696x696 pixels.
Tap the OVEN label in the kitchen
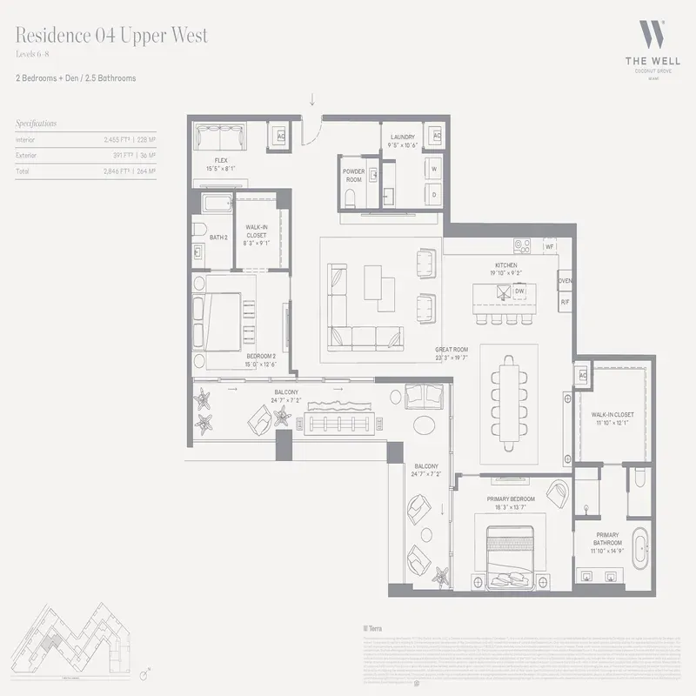(x=565, y=281)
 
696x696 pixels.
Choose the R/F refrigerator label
(x=565, y=302)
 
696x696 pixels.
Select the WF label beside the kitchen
(x=550, y=247)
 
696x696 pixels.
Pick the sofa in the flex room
(x=218, y=138)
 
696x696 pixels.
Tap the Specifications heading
(x=36, y=124)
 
